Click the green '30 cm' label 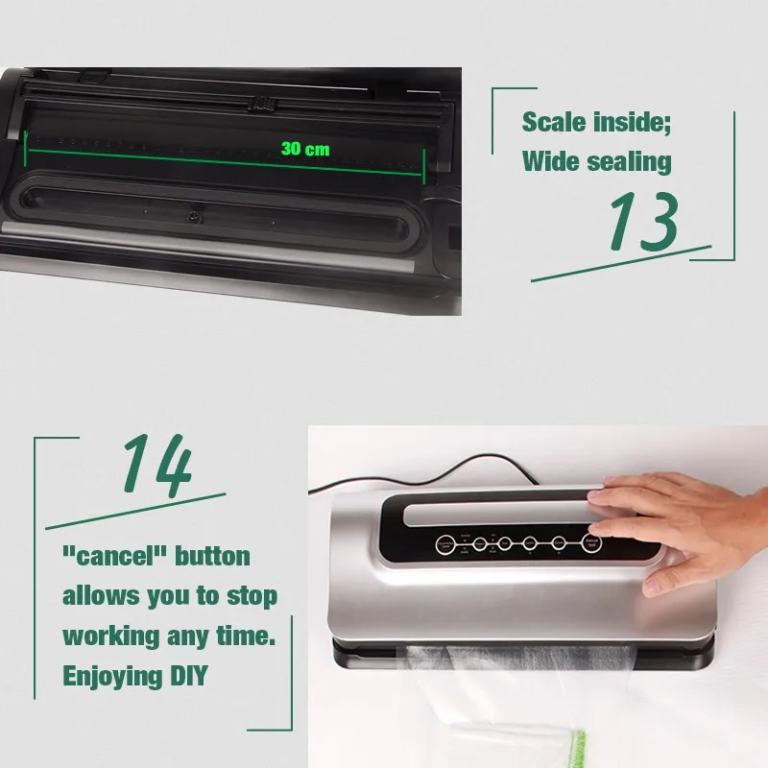tap(305, 149)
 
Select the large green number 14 tap(156, 467)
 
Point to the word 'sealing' tap(629, 161)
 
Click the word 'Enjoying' tap(108, 676)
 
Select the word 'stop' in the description tap(252, 596)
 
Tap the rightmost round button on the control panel tap(592, 544)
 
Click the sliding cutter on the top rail tap(257, 102)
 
